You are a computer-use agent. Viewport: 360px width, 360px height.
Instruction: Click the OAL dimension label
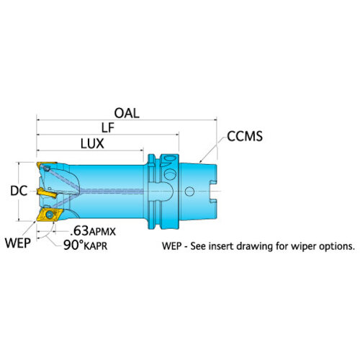(x=127, y=113)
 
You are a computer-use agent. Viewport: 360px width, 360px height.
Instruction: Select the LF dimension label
(x=108, y=128)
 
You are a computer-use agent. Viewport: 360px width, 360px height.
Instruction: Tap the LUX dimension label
(x=92, y=144)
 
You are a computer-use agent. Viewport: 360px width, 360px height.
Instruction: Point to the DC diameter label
(x=19, y=191)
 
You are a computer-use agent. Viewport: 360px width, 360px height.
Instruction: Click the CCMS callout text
(x=245, y=136)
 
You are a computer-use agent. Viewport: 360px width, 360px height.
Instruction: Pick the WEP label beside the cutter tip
(x=18, y=243)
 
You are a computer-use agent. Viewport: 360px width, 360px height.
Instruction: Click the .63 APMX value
(x=93, y=231)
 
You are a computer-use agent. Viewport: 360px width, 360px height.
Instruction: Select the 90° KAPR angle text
(x=85, y=246)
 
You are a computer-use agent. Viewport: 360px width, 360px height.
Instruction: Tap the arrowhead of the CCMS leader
(x=201, y=161)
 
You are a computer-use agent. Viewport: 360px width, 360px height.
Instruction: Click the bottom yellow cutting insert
(x=50, y=215)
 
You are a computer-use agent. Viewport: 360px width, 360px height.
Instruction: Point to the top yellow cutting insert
(x=45, y=165)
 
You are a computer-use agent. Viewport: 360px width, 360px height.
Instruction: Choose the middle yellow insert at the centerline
(x=47, y=192)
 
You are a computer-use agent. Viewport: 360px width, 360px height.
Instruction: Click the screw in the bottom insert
(x=50, y=215)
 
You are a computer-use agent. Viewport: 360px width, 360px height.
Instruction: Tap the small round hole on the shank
(x=189, y=192)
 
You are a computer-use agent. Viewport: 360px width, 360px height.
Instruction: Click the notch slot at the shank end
(x=213, y=192)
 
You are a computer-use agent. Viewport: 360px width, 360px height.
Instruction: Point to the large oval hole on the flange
(x=171, y=174)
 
